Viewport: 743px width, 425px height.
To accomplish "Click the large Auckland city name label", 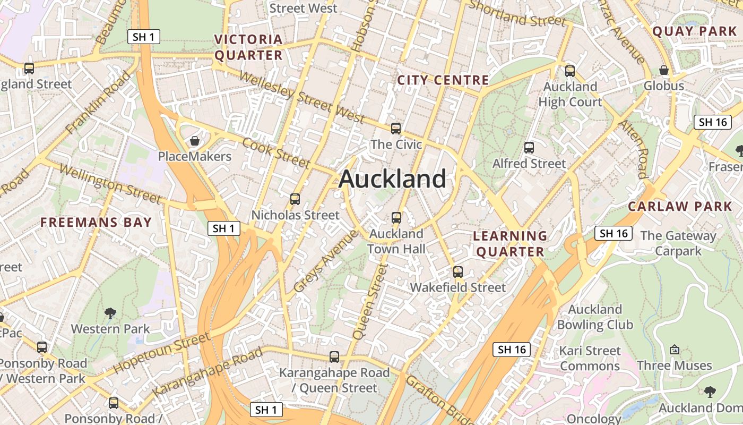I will coord(392,179).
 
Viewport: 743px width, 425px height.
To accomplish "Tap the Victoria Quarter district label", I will coord(248,47).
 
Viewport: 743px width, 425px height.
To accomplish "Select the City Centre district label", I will coord(443,80).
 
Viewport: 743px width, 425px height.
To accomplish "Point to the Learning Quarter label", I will coord(510,244).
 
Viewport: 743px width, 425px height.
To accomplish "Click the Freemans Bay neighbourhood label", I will coord(96,222).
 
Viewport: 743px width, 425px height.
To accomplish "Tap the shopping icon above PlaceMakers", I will coord(195,141).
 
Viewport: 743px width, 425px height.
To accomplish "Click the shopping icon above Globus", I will coord(663,70).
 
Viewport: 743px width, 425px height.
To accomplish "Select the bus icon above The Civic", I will coord(396,128).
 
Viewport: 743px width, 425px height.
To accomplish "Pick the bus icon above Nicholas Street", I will coord(295,199).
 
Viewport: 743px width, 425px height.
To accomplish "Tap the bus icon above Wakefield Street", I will coord(458,272).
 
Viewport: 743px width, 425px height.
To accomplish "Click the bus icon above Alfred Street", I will coord(529,148).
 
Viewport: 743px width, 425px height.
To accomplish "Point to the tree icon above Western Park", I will coord(110,313).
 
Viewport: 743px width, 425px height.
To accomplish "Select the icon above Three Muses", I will coord(675,350).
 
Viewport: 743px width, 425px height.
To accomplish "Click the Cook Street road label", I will coord(276,152).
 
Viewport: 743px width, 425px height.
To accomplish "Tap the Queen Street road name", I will coord(367,303).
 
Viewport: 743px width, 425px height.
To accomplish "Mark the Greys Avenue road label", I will coord(325,261).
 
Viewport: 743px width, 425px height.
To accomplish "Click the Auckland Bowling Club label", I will coord(595,317).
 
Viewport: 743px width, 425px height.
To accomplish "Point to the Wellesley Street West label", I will coord(301,96).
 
